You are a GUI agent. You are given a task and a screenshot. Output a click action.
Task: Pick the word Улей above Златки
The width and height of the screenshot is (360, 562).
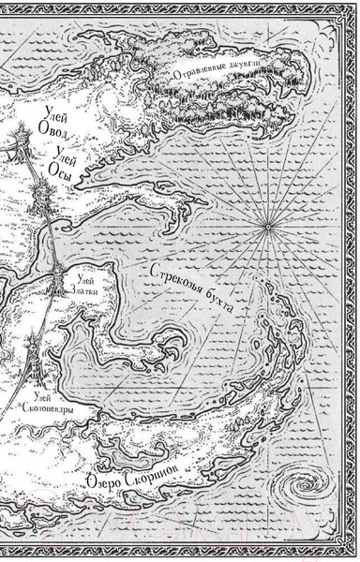pyautogui.click(x=83, y=274)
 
